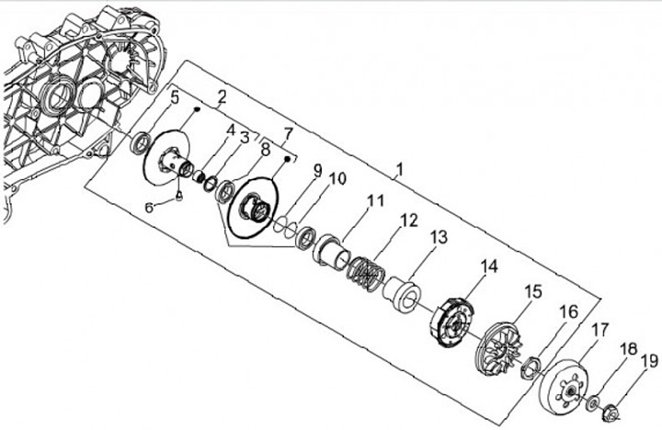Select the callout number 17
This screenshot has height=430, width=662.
coord(599,330)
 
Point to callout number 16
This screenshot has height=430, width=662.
coord(569,311)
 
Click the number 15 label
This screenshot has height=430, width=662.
coord(533,291)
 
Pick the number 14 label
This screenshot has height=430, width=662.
coord(487,266)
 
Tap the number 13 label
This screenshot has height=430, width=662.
coord(439,237)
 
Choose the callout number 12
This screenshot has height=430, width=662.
coord(408,221)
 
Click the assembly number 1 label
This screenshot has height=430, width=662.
coord(398,170)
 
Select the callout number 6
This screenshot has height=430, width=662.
coord(150,208)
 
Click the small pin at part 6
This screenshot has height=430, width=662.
coord(180,194)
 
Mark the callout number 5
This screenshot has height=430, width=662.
coord(175,95)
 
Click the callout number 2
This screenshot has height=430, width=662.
coord(222,96)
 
